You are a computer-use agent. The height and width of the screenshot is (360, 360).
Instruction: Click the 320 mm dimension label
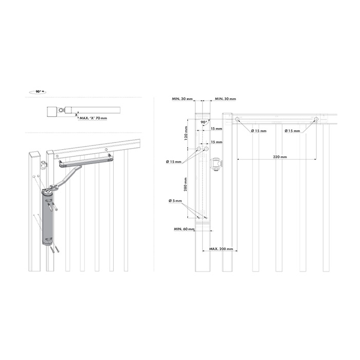pyautogui.click(x=280, y=157)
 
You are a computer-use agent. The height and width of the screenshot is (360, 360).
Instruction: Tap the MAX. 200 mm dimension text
pyautogui.click(x=221, y=249)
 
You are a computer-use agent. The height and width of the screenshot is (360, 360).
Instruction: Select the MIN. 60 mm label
pyautogui.click(x=184, y=229)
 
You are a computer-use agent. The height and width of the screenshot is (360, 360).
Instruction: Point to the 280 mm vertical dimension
pyautogui.click(x=186, y=184)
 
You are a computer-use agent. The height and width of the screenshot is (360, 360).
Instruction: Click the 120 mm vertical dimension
pyautogui.click(x=186, y=133)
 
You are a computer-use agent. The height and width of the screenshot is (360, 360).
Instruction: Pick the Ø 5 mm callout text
pyautogui.click(x=175, y=201)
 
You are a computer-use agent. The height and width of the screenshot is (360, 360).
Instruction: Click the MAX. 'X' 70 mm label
pyautogui.click(x=93, y=118)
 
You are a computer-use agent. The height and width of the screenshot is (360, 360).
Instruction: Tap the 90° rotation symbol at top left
pyautogui.click(x=38, y=92)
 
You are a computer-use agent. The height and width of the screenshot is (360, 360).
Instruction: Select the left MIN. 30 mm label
pyautogui.click(x=182, y=99)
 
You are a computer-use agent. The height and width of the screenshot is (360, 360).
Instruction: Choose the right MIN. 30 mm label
pyautogui.click(x=225, y=99)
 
